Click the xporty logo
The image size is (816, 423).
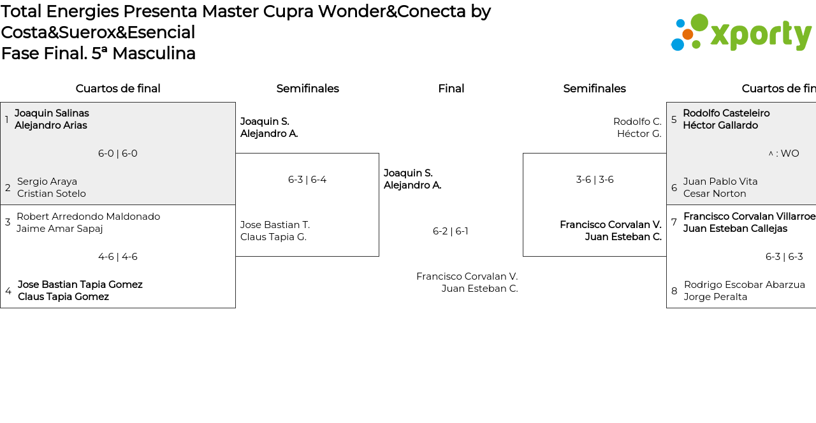(741, 33)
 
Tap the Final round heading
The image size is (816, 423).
(451, 89)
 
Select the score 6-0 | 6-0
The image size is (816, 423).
(118, 154)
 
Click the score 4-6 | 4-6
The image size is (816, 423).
(118, 257)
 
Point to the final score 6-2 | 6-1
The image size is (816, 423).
(451, 231)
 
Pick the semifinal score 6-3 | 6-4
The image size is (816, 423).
(307, 180)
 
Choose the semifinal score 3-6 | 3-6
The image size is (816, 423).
(595, 180)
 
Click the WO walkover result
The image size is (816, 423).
(783, 154)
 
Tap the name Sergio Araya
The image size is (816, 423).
(47, 182)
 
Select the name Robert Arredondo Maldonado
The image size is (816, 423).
(88, 217)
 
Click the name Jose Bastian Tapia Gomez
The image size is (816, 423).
(80, 285)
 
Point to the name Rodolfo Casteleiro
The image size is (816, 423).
(726, 113)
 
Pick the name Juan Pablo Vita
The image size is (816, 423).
(720, 182)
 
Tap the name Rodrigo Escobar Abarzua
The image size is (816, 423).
(745, 285)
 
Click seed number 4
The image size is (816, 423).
(8, 291)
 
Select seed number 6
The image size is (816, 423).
(674, 188)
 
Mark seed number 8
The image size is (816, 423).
(674, 291)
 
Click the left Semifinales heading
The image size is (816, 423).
(307, 89)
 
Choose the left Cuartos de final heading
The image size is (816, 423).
(118, 89)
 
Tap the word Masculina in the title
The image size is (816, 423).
(154, 54)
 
